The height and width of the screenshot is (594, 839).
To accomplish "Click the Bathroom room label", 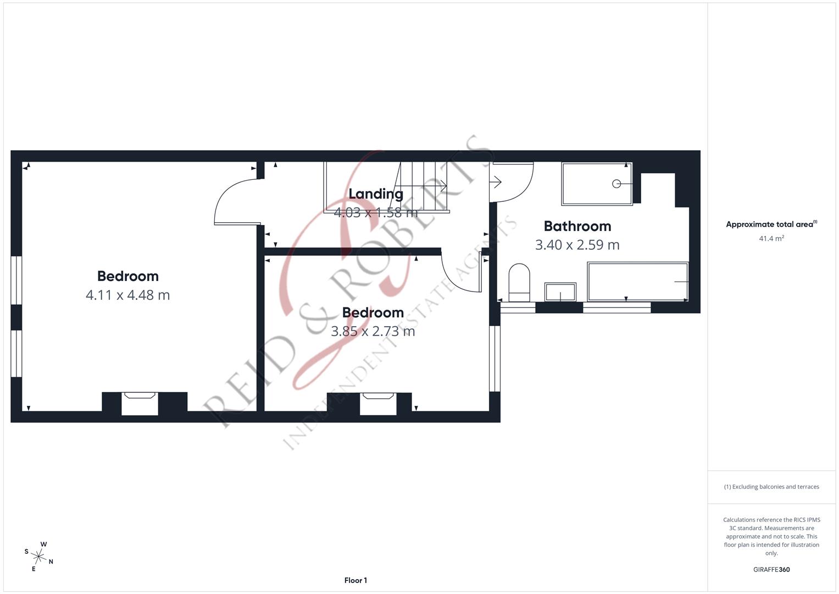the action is (x=577, y=226).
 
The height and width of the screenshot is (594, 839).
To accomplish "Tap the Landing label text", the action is (x=376, y=194).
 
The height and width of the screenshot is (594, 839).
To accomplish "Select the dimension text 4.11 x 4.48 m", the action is (x=127, y=295).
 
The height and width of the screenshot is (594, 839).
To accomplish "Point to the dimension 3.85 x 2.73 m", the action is (x=373, y=331).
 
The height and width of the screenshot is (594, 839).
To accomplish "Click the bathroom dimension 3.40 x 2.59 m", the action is (x=577, y=245).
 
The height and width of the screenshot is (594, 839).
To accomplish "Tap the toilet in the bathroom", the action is (x=519, y=282).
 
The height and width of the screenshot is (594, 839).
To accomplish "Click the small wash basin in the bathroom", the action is (x=560, y=292).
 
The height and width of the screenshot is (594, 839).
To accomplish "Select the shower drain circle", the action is (x=616, y=184).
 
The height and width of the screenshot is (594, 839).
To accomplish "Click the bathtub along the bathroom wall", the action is (x=637, y=282).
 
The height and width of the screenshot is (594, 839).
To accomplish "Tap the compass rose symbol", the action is (x=38, y=556).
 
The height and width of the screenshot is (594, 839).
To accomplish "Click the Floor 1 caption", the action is (x=355, y=580).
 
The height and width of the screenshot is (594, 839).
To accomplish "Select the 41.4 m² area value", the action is (x=771, y=238).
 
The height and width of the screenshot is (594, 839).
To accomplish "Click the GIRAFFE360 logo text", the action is (x=771, y=569).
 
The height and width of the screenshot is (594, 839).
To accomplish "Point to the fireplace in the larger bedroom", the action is (x=140, y=404).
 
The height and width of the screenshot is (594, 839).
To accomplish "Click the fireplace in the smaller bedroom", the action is (x=378, y=404).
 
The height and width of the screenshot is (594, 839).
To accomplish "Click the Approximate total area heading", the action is (x=771, y=224).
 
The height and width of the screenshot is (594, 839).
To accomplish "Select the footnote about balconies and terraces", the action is (x=771, y=487).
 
